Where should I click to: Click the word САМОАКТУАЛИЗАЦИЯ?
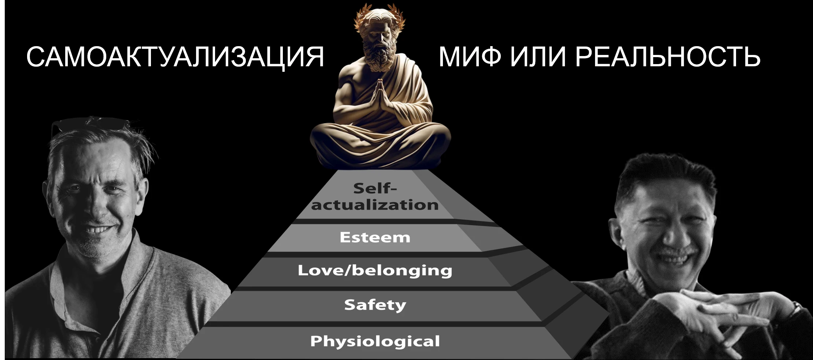(175, 57)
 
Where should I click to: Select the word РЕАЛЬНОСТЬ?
(668, 57)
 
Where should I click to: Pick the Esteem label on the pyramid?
(375, 237)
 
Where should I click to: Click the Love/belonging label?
(375, 271)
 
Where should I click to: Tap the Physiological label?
(375, 341)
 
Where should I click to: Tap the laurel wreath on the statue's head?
(380, 16)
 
